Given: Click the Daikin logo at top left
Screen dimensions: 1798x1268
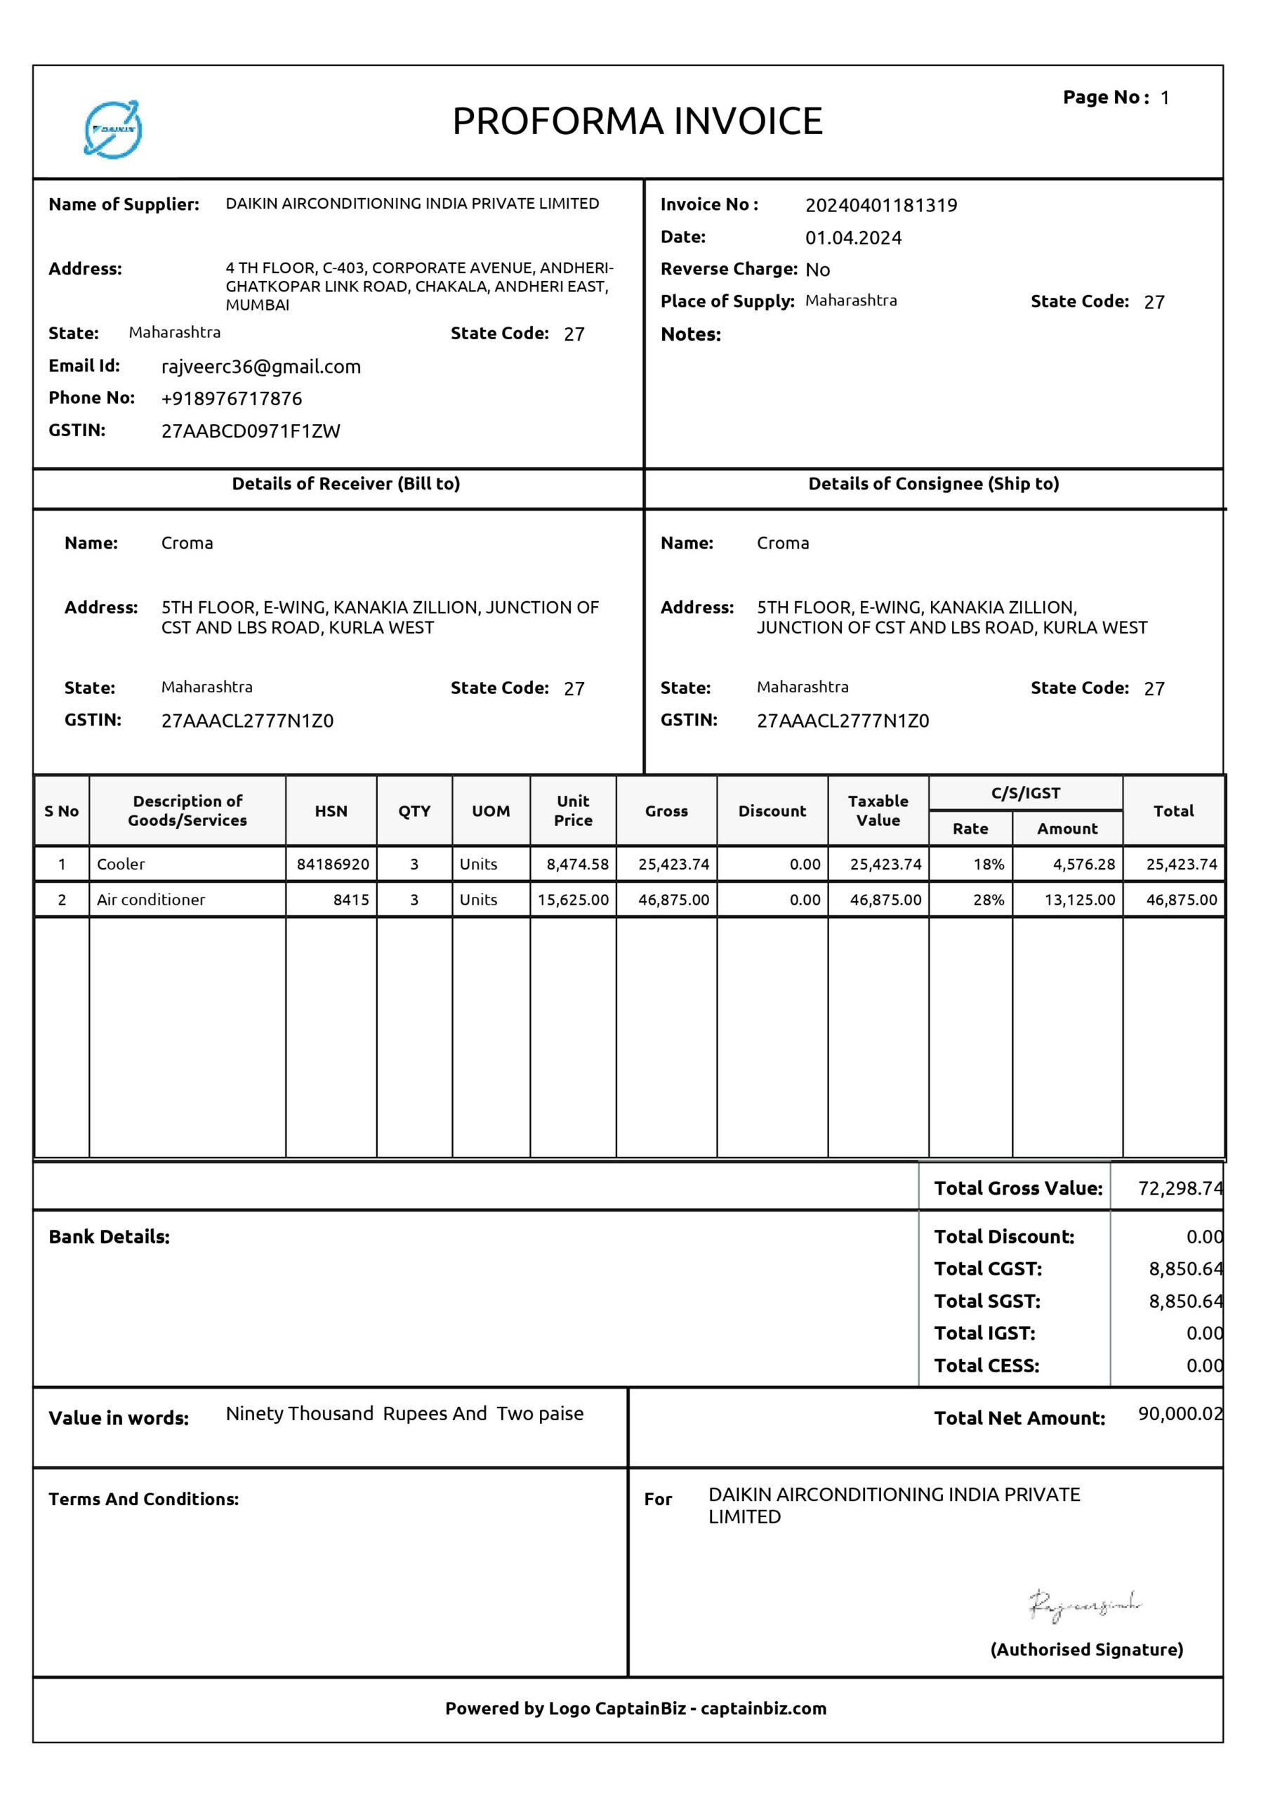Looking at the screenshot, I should [x=113, y=129].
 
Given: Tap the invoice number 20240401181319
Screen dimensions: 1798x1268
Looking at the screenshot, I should [x=880, y=205].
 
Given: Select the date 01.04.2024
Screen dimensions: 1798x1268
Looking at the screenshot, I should [x=853, y=238].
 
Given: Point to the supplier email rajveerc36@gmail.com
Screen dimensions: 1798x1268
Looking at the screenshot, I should [x=260, y=367].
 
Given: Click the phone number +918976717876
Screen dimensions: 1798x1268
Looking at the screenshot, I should [x=231, y=399].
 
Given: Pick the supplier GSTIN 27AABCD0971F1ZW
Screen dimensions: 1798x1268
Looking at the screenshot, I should [x=251, y=431].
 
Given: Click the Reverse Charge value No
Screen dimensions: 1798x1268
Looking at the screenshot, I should [x=817, y=270].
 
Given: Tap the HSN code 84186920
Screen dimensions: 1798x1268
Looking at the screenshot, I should [x=332, y=864].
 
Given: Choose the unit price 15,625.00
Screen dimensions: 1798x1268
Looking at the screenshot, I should [x=572, y=900].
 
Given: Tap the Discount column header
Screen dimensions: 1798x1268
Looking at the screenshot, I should [x=772, y=811].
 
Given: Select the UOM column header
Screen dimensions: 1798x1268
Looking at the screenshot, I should [x=491, y=811].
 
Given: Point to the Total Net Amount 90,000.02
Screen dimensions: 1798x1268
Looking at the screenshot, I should [x=1179, y=1414].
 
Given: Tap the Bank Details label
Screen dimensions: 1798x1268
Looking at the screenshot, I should [x=109, y=1237].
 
